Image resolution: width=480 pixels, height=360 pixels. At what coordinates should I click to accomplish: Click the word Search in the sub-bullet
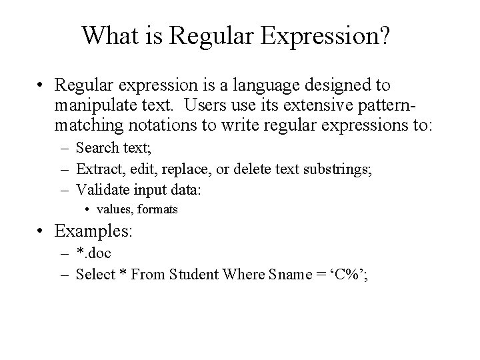[x=97, y=148]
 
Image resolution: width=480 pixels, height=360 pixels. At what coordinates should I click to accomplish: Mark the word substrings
[x=337, y=169]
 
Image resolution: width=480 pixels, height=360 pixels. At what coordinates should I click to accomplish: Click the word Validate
[x=101, y=189]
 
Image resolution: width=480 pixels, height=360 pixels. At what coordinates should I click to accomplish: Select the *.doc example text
[x=95, y=253]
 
